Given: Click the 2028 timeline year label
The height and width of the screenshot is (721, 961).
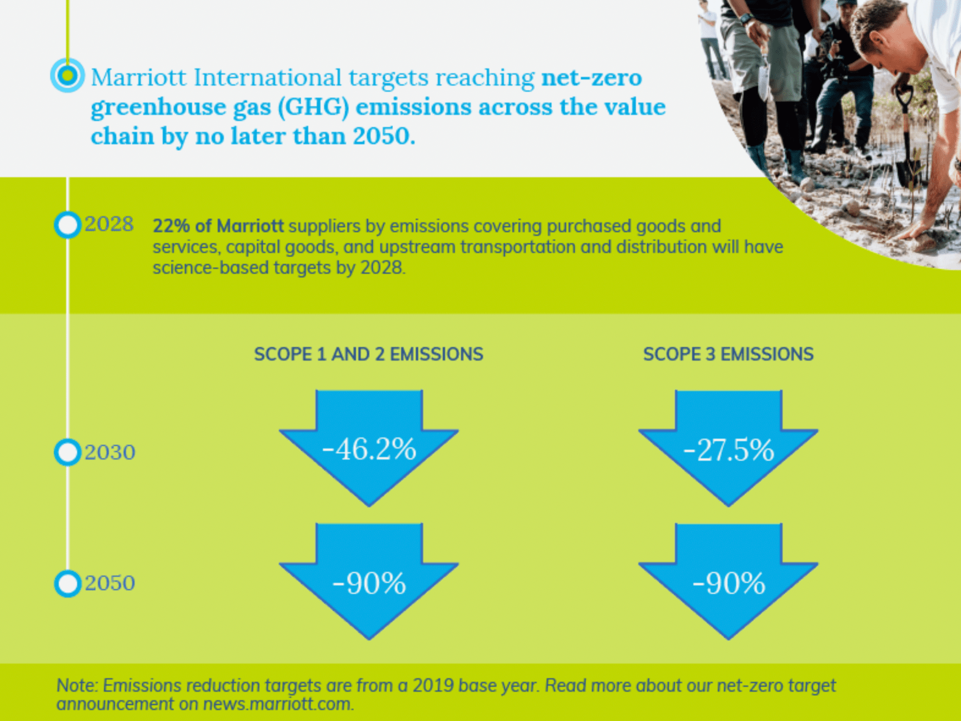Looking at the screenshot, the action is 109,224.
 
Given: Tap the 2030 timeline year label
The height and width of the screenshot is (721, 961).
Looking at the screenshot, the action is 110,452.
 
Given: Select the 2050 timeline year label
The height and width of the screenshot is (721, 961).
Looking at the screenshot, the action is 110,583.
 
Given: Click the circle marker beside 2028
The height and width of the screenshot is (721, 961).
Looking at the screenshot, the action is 67,225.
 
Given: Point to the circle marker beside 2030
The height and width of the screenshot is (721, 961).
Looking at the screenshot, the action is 67,452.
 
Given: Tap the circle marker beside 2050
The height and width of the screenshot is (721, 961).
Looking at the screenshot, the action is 67,583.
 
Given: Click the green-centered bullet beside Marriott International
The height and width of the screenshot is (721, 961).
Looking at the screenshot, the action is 67,75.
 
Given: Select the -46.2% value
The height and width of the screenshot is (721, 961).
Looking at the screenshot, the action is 369,449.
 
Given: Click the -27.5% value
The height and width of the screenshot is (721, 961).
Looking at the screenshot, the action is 729,450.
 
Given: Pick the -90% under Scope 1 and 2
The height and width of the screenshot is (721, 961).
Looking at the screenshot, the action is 369,583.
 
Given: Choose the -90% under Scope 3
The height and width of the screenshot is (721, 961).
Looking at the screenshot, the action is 729,583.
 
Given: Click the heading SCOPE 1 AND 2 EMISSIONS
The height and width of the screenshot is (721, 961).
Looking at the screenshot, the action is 369,354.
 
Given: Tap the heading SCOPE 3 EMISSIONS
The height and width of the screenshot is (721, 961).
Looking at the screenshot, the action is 729,354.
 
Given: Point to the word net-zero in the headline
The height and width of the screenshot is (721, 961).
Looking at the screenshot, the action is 592,78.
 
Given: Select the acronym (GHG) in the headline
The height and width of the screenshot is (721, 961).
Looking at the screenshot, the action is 314,107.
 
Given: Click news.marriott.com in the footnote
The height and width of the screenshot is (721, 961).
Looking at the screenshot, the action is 278,704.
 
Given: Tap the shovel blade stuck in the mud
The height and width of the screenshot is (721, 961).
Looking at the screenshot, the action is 907,170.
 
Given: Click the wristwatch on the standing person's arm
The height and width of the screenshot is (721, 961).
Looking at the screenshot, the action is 746,18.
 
